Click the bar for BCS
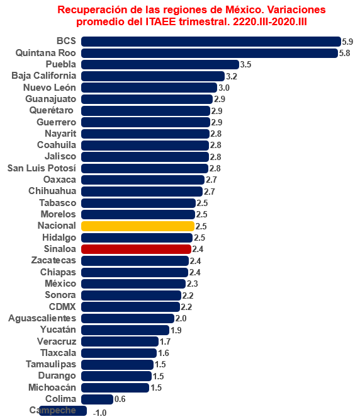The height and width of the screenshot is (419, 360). click(x=211, y=41)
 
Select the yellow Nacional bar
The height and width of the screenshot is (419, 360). click(x=138, y=226)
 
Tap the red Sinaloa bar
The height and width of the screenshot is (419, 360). click(x=136, y=249)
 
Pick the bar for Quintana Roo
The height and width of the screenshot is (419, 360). click(x=210, y=53)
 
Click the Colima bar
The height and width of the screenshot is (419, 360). click(x=97, y=399)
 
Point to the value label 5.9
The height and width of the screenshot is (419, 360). click(x=347, y=41)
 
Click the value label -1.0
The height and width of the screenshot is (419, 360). click(x=99, y=412)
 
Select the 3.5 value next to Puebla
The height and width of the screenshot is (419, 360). click(x=245, y=64)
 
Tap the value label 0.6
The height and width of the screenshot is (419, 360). click(x=120, y=399)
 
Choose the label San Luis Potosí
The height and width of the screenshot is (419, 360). click(x=42, y=168)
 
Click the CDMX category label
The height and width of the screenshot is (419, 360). click(x=62, y=307)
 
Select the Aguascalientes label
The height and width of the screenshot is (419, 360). click(x=42, y=318)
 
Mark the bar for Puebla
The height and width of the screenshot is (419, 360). click(x=160, y=64)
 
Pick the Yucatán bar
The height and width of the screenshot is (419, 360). click(x=125, y=330)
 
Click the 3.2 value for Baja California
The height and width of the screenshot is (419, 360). click(x=231, y=76)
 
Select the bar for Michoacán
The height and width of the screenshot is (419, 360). click(x=115, y=387)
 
